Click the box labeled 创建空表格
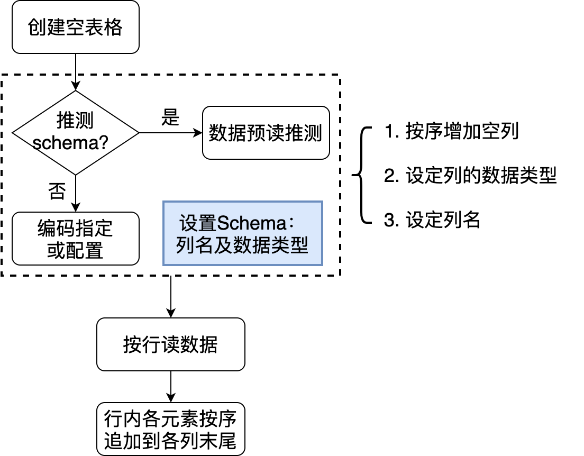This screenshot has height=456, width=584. point(75,27)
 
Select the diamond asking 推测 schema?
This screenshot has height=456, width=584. point(75,132)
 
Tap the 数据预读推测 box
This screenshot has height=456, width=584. point(266,133)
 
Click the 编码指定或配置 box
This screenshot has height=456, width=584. point(75,239)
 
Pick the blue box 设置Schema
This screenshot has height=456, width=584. point(242,233)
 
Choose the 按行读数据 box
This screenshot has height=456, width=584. point(170,344)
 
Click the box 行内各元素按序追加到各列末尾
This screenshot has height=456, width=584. point(170,429)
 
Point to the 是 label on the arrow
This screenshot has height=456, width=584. point(170,118)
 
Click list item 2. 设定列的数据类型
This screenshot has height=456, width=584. point(470,176)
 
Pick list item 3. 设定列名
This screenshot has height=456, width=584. point(432,220)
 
